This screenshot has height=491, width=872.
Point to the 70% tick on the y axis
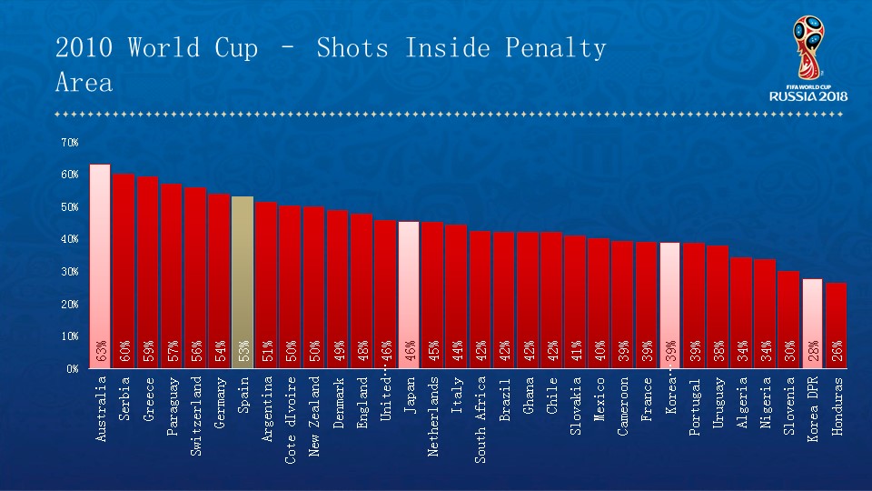pyautogui.click(x=70, y=143)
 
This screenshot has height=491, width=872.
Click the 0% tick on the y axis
pyautogui.click(x=73, y=368)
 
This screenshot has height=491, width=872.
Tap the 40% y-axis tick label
pyautogui.click(x=70, y=239)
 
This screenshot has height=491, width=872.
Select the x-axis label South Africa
pyautogui.click(x=481, y=419)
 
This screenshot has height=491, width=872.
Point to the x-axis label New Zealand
pyautogui.click(x=314, y=416)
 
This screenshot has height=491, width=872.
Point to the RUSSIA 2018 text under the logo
pyautogui.click(x=808, y=95)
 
